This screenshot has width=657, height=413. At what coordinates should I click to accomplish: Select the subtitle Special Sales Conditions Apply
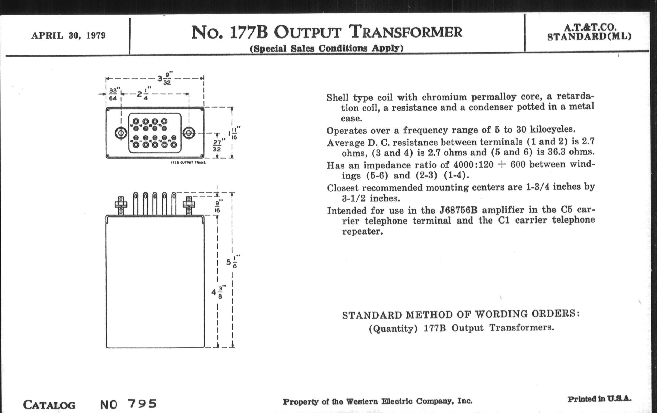[x=327, y=48]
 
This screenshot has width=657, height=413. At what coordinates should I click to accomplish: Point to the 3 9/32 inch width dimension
[x=165, y=79]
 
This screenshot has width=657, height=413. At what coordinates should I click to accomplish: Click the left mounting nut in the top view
[x=120, y=133]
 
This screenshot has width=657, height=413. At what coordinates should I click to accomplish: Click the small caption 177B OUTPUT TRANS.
[x=188, y=163]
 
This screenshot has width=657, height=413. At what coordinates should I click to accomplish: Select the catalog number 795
[x=142, y=404]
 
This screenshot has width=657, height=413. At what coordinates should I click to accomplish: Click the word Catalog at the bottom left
[x=49, y=405]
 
